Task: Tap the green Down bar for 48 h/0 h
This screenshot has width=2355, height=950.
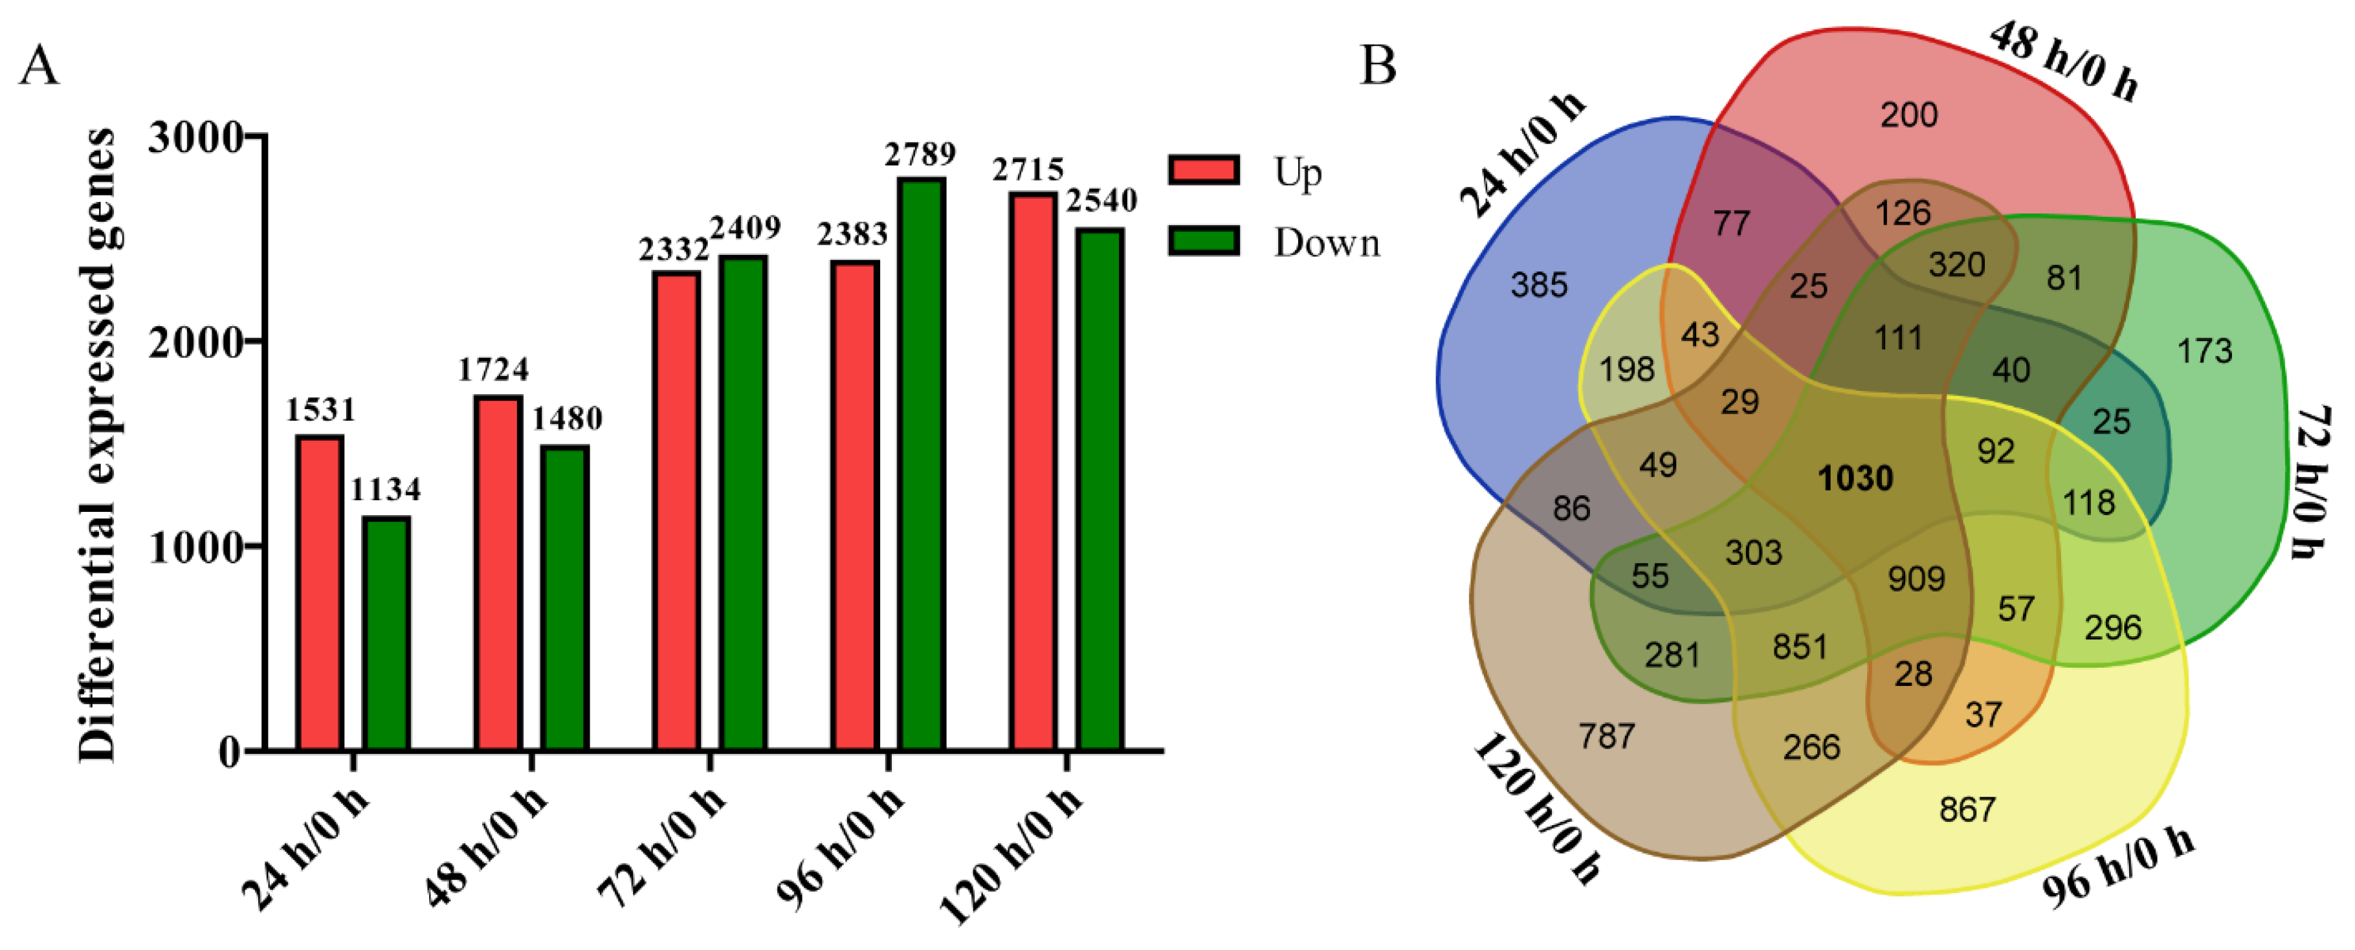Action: (x=564, y=598)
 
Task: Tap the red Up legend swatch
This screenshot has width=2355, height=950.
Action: (x=1204, y=170)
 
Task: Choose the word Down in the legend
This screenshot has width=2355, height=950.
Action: (x=1327, y=243)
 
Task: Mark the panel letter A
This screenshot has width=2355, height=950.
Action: (x=38, y=67)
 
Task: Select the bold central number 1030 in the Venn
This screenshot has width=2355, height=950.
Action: (x=1855, y=478)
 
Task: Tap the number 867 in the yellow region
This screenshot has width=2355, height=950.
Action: (x=1967, y=809)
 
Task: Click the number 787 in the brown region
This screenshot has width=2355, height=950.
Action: (x=1606, y=736)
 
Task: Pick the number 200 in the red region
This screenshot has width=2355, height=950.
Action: (x=1909, y=115)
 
